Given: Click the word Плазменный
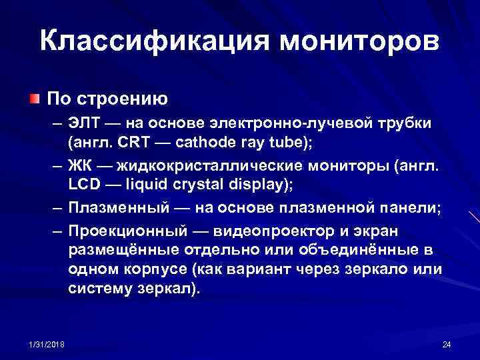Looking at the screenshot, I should click(x=112, y=207).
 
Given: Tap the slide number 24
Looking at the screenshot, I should click(x=446, y=343).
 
